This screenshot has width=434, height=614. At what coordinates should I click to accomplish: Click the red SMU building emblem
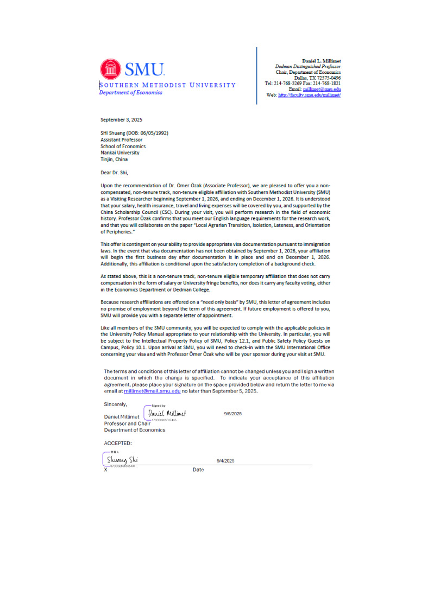pyautogui.click(x=111, y=69)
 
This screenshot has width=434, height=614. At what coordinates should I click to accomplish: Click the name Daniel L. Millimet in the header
pyautogui.click(x=322, y=61)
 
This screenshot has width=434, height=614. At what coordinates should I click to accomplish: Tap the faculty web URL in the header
pyautogui.click(x=310, y=94)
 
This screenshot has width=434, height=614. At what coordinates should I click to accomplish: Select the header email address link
pyautogui.click(x=322, y=88)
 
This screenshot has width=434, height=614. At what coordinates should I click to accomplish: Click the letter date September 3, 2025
pyautogui.click(x=121, y=119)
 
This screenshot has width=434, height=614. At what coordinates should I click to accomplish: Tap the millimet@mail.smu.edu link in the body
pyautogui.click(x=152, y=390)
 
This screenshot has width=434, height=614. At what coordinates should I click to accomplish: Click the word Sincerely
pyautogui.click(x=115, y=404)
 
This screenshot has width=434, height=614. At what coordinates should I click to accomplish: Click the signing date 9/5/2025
pyautogui.click(x=232, y=414)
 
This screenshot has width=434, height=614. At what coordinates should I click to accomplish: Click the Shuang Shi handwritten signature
pyautogui.click(x=122, y=460)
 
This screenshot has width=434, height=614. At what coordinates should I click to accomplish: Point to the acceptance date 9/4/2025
pyautogui.click(x=225, y=460)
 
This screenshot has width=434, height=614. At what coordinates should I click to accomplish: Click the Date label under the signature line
pyautogui.click(x=198, y=470)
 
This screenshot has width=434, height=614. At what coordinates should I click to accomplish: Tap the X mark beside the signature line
pyautogui.click(x=105, y=470)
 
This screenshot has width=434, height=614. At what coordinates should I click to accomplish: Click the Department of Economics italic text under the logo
pyautogui.click(x=130, y=92)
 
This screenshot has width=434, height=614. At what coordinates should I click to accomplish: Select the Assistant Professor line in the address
pyautogui.click(x=121, y=140)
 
